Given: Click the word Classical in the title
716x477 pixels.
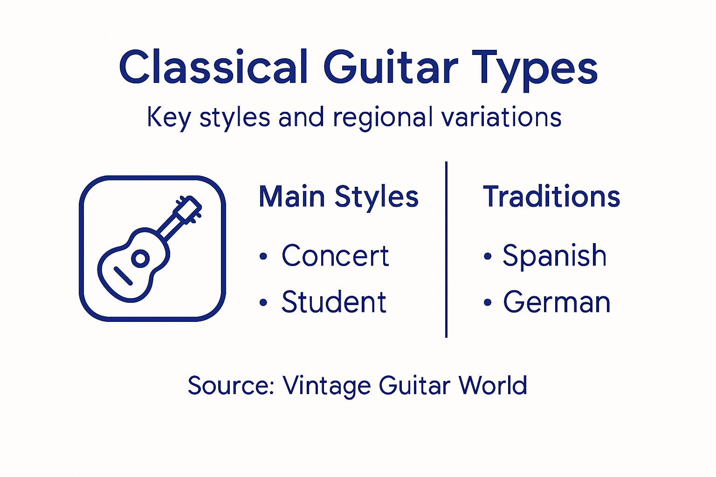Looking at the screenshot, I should pos(213,68).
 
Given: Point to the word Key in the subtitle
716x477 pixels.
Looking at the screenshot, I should pos(169,117).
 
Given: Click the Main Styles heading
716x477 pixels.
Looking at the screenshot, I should pos(338,197).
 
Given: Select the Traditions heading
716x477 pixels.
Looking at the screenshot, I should pos(551,197).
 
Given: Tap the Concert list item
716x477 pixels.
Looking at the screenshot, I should pos(335,256).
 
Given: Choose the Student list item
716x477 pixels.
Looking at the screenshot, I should pos(334,302).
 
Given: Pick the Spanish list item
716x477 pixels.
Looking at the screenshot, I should pos(554,256).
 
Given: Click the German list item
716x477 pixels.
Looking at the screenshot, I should pos(557,302).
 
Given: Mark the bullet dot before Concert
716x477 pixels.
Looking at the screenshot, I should pos(263,256).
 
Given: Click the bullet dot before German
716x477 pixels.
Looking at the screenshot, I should pos(488,303).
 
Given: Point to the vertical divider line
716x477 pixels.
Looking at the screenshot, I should pos(446,249).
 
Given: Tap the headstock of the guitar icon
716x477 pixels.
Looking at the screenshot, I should pos(188,208).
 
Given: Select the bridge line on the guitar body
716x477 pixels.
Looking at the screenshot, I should pos(124,276).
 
